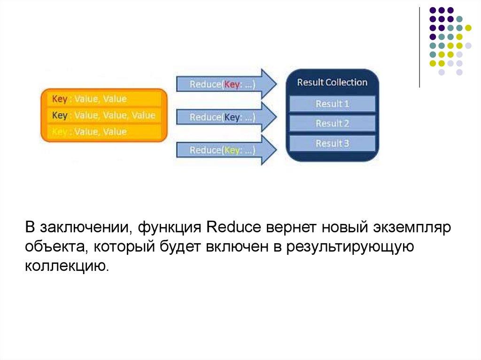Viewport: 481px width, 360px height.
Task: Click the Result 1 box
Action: pyautogui.click(x=332, y=104)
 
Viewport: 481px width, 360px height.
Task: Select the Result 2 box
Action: pyautogui.click(x=332, y=123)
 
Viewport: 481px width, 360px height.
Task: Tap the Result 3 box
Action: pyautogui.click(x=332, y=143)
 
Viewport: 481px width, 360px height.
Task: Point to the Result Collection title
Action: pyautogui.click(x=332, y=82)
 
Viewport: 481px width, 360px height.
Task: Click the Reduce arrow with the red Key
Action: pyautogui.click(x=226, y=84)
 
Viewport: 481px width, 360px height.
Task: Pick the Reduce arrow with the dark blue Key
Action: pyautogui.click(x=226, y=117)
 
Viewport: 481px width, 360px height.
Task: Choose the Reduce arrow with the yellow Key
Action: pyautogui.click(x=226, y=150)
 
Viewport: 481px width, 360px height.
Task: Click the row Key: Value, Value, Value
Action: pyautogui.click(x=104, y=115)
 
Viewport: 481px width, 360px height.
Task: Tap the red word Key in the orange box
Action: pyautogui.click(x=60, y=99)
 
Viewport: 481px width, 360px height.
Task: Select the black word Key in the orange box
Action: pyautogui.click(x=60, y=115)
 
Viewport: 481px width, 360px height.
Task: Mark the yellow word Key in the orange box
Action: pyautogui.click(x=60, y=132)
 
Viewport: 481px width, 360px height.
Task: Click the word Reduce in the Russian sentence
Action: pyautogui.click(x=234, y=227)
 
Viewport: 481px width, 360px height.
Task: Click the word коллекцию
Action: pyautogui.click(x=67, y=266)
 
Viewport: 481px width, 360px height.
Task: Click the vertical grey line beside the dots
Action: pyautogui.click(x=419, y=47)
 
